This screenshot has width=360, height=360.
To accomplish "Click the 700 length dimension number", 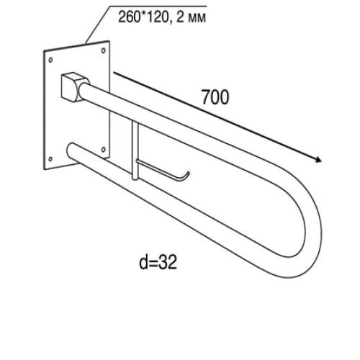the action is click(x=215, y=97).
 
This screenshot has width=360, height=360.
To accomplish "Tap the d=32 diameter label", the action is click(x=158, y=262).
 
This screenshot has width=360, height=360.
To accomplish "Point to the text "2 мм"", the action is click(x=192, y=17).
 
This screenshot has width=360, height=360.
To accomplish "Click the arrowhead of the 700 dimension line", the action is click(x=318, y=159).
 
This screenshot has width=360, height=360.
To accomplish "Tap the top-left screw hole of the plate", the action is click(x=50, y=60).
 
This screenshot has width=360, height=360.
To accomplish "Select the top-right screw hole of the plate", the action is click(x=104, y=50).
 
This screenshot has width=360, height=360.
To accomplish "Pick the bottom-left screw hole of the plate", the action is click(x=50, y=159).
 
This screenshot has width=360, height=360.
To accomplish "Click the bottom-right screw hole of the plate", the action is click(x=104, y=150).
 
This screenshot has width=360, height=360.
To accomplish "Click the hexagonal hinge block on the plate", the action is click(x=73, y=86).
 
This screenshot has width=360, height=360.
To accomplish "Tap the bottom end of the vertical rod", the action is click(x=135, y=179).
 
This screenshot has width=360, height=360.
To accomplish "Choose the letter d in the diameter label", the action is click(x=143, y=261).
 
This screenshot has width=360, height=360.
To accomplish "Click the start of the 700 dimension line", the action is click(x=114, y=73).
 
